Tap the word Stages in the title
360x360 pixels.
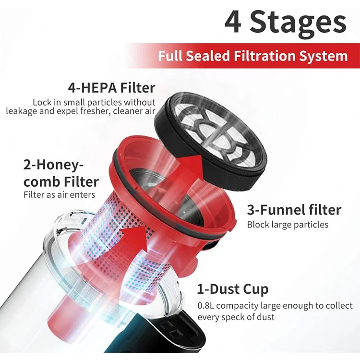click(x=298, y=23)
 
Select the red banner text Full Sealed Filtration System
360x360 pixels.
click(x=252, y=56)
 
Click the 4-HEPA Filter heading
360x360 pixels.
click(x=111, y=88)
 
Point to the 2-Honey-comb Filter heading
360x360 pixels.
click(x=61, y=174)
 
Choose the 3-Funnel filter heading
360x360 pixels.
click(x=294, y=210)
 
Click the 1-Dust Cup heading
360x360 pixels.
click(x=233, y=289)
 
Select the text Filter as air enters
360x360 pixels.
click(x=60, y=195)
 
